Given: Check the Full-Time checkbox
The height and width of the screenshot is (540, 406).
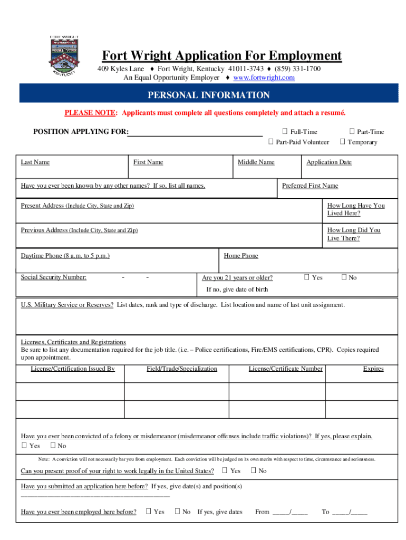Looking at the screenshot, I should pyautogui.click(x=285, y=132).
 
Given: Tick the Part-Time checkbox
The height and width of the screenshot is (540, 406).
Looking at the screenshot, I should pyautogui.click(x=352, y=132).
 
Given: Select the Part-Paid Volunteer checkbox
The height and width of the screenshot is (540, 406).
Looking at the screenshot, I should pyautogui.click(x=271, y=142).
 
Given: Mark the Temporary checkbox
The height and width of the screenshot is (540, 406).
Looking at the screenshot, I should pyautogui.click(x=343, y=142).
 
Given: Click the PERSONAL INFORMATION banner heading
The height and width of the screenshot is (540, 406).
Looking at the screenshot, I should pyautogui.click(x=208, y=95).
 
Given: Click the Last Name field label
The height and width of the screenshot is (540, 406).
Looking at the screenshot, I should pyautogui.click(x=35, y=162).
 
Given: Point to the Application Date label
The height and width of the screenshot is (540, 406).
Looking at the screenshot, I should pyautogui.click(x=328, y=162).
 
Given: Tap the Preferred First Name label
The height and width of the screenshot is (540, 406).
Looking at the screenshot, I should pyautogui.click(x=310, y=186).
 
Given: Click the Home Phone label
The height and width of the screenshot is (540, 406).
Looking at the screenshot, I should pyautogui.click(x=241, y=256).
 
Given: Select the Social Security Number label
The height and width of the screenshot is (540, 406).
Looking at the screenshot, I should pyautogui.click(x=53, y=277).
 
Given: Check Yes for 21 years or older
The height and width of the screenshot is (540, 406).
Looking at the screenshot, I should pyautogui.click(x=307, y=277).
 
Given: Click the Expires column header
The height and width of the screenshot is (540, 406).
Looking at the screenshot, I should pyautogui.click(x=373, y=369).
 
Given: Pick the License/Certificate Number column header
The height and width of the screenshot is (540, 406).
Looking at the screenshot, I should pyautogui.click(x=285, y=369).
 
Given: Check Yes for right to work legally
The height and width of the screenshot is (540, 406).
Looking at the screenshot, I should pyautogui.click(x=225, y=470).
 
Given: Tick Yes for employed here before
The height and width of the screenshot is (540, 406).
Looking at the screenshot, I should pyautogui.click(x=149, y=512).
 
